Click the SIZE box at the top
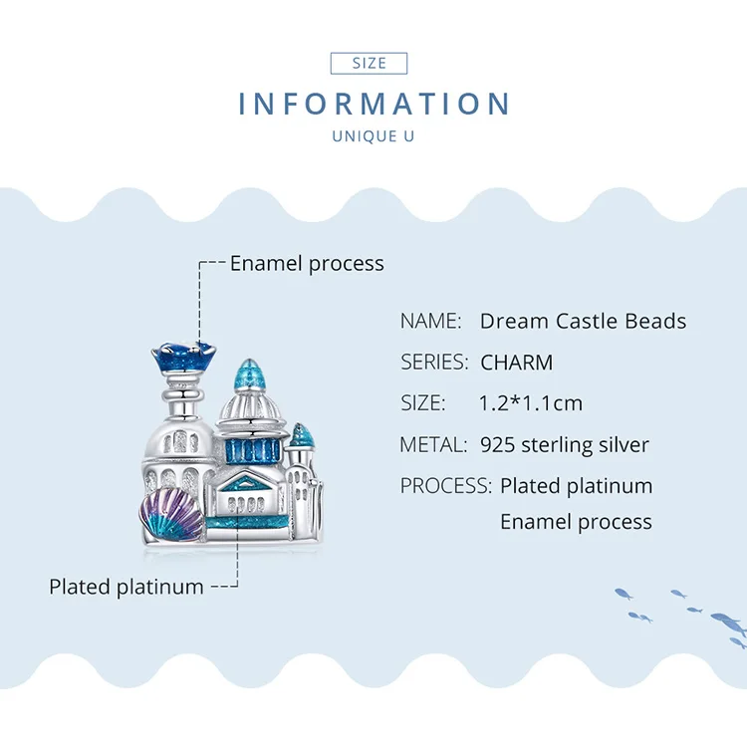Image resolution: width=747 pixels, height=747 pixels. click(x=369, y=63)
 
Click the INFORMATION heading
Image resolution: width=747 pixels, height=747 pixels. click(x=374, y=104)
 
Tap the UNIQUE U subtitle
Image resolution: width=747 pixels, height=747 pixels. click(x=373, y=136)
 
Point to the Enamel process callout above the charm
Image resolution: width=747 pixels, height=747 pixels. click(x=307, y=264)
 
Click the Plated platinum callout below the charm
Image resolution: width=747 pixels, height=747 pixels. click(x=126, y=587)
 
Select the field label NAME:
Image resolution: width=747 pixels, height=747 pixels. click(x=431, y=321)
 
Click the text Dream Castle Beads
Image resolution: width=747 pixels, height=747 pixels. click(x=583, y=321)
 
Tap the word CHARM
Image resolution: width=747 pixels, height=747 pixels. click(x=516, y=363)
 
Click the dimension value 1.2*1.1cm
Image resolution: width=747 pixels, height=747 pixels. click(x=531, y=403)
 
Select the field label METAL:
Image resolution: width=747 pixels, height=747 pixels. click(x=433, y=444)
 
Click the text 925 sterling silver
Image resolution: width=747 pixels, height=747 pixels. click(x=564, y=444)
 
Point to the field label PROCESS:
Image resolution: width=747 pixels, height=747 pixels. click(x=445, y=486)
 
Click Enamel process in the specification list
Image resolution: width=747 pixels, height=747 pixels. click(x=576, y=522)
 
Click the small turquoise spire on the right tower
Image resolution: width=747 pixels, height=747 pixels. click(x=302, y=435)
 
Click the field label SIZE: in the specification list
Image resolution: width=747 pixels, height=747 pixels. click(x=422, y=403)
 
